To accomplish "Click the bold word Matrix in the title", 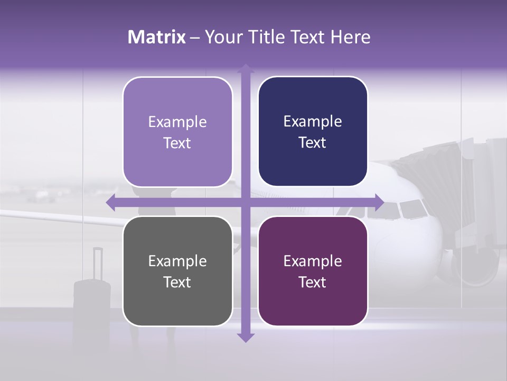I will click(x=156, y=37).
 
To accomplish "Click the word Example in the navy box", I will click(x=313, y=122).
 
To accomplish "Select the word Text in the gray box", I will click(x=177, y=282).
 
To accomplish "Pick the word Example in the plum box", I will click(x=313, y=261).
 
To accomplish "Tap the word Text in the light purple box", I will click(x=177, y=143).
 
